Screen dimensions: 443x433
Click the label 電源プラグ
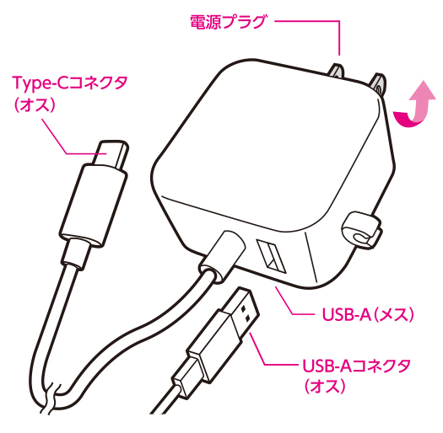tap(228, 22)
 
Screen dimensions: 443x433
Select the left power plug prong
tap(335, 71)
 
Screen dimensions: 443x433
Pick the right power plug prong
tap(378, 82)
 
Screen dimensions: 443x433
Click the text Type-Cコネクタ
tap(70, 83)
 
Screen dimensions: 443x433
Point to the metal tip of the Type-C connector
tap(111, 154)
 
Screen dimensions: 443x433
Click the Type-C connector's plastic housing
tap(94, 206)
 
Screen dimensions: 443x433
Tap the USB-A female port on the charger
tap(271, 256)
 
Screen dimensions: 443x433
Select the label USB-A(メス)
tap(368, 314)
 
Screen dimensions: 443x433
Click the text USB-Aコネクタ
tap(357, 366)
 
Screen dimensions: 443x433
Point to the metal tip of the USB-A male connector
tap(244, 313)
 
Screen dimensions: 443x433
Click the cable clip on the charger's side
tap(360, 231)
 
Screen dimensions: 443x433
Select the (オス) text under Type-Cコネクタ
tap(35, 104)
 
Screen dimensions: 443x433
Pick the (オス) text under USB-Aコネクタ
tap(325, 386)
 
